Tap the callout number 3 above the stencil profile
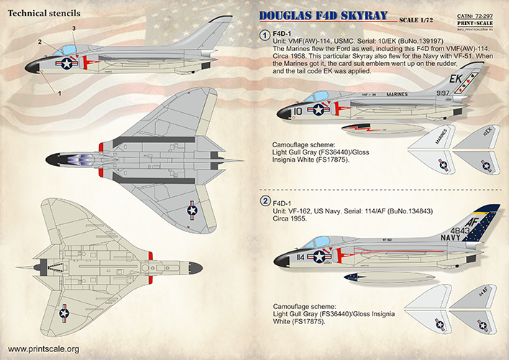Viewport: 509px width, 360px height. [x=73, y=28]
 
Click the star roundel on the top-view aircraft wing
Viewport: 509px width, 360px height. [x=192, y=210]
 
